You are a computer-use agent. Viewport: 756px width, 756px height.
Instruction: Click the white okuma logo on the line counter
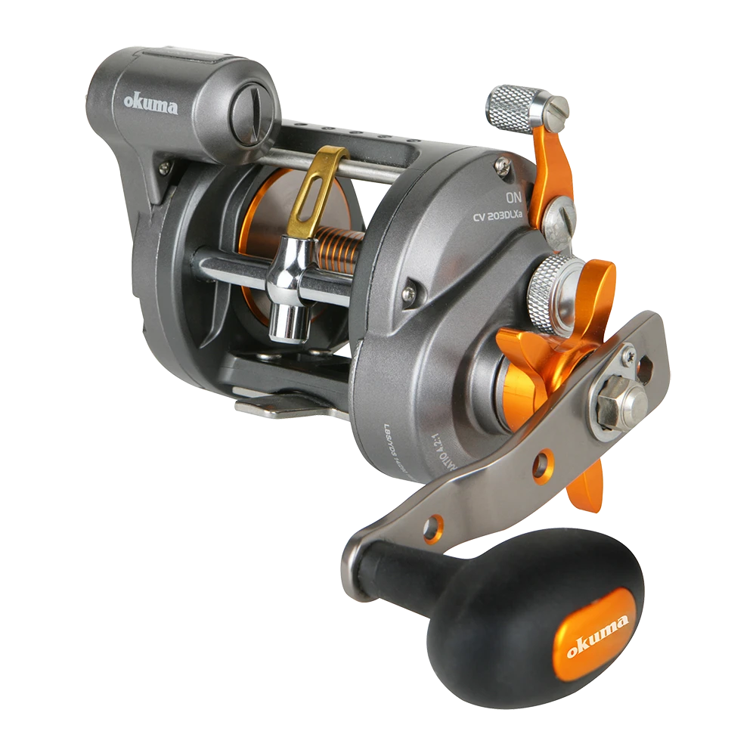pos(152,104)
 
